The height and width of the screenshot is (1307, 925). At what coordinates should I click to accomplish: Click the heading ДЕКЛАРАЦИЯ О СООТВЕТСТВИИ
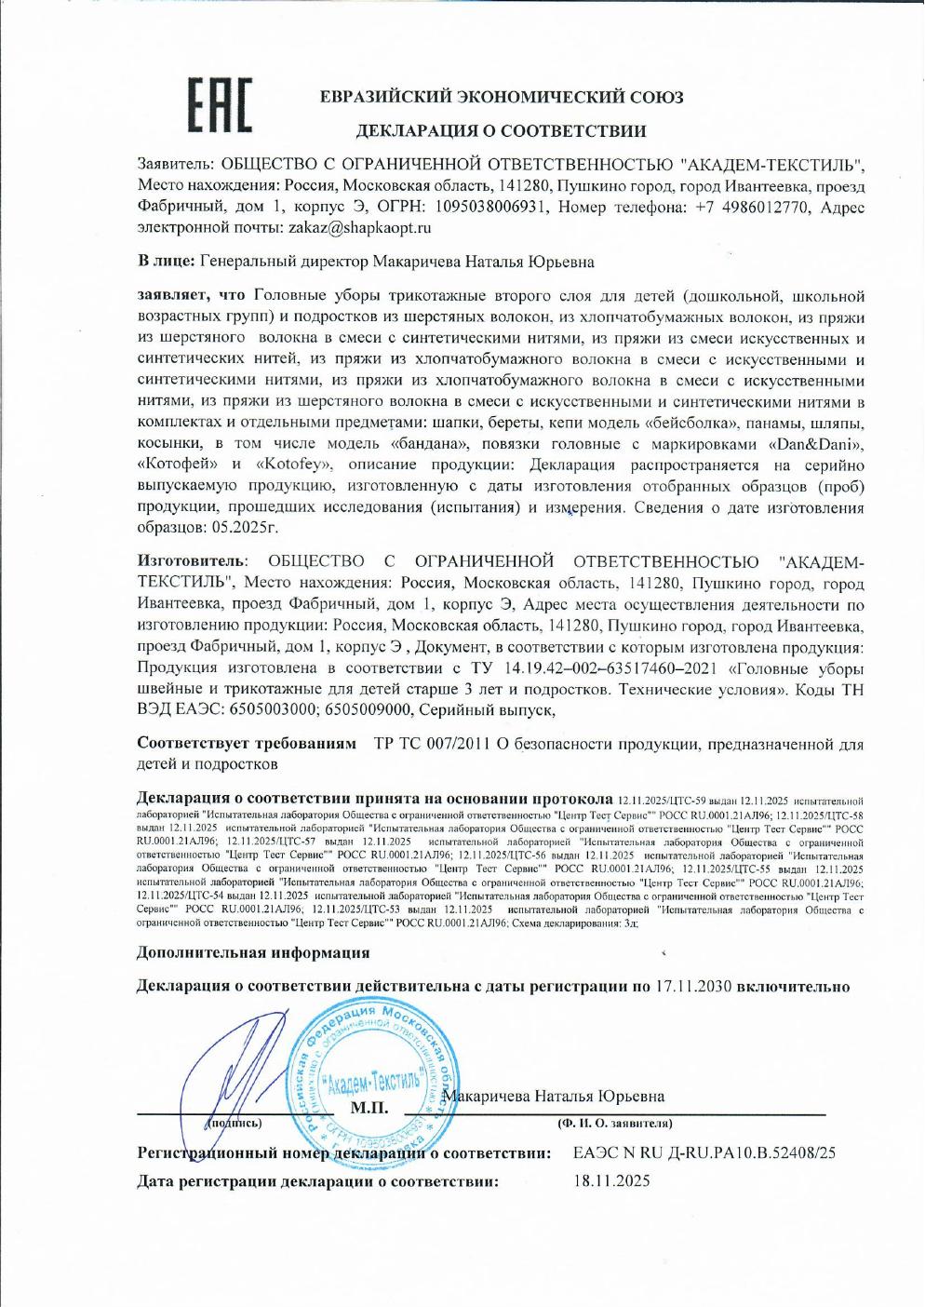pos(501,131)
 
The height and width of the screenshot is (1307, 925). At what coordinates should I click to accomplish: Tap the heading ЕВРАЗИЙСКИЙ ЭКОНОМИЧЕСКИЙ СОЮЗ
pos(501,97)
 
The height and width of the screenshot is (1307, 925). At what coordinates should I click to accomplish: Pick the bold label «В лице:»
pos(166,263)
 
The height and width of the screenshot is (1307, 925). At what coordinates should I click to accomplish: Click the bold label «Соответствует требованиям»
pos(247,745)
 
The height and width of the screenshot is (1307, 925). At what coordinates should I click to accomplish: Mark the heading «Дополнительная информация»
pos(253,952)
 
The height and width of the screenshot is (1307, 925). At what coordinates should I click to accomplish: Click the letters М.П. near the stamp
pos(369,1108)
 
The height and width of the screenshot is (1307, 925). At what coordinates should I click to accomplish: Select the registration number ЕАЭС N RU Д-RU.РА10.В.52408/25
pos(704,1152)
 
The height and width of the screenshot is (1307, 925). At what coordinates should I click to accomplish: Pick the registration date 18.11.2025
pos(612,1181)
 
